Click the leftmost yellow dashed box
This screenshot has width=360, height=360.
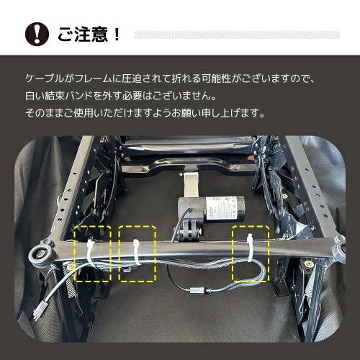(x=93, y=253)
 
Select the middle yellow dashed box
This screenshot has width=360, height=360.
(x=138, y=253)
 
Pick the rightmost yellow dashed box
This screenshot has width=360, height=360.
(x=249, y=253)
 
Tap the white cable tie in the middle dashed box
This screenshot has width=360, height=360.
(x=135, y=253)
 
